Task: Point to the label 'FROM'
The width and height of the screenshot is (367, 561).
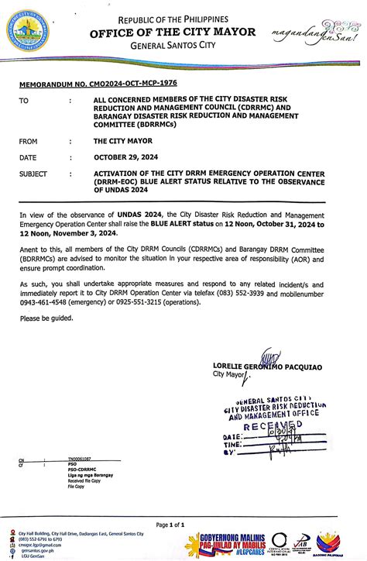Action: tap(30, 142)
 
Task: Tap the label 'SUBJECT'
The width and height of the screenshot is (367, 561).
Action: tap(36, 174)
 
